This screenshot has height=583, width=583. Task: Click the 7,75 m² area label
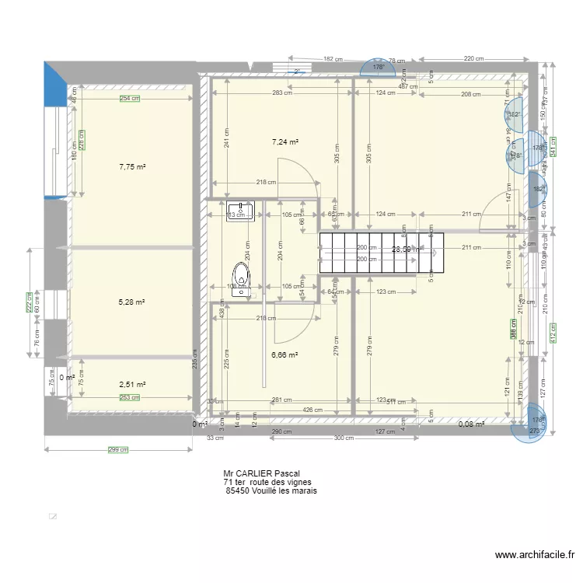132,166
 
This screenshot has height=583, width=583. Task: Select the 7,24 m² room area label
285,142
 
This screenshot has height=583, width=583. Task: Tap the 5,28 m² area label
132,303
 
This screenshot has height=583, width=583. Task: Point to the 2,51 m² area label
132,384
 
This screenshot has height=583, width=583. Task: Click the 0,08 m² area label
471,424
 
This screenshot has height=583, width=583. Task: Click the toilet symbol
242,277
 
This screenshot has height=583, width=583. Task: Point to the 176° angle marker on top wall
379,68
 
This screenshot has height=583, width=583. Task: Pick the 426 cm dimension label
312,410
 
